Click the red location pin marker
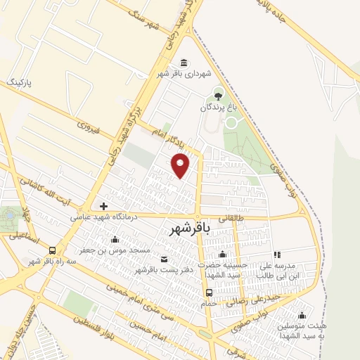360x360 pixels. [x=181, y=165]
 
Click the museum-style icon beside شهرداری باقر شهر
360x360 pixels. [x=184, y=63]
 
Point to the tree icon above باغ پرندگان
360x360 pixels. [x=218, y=93]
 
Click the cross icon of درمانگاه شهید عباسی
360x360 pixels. [x=104, y=206]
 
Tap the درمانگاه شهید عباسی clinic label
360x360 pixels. [x=103, y=218]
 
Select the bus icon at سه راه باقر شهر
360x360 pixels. [x=53, y=250]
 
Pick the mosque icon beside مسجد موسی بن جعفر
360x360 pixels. [x=115, y=239]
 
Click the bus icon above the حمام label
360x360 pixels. [x=209, y=292]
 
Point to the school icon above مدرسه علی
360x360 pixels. [x=277, y=255]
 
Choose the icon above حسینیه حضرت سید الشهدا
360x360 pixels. [x=223, y=255]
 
